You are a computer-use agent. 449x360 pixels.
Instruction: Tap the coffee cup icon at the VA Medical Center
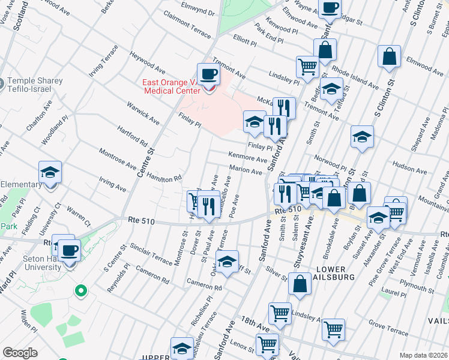[208, 74]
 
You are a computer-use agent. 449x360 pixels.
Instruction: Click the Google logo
[20, 353]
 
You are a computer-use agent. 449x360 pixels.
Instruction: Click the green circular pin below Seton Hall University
[80, 291]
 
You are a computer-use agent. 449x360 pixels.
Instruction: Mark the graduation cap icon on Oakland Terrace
[227, 262]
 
